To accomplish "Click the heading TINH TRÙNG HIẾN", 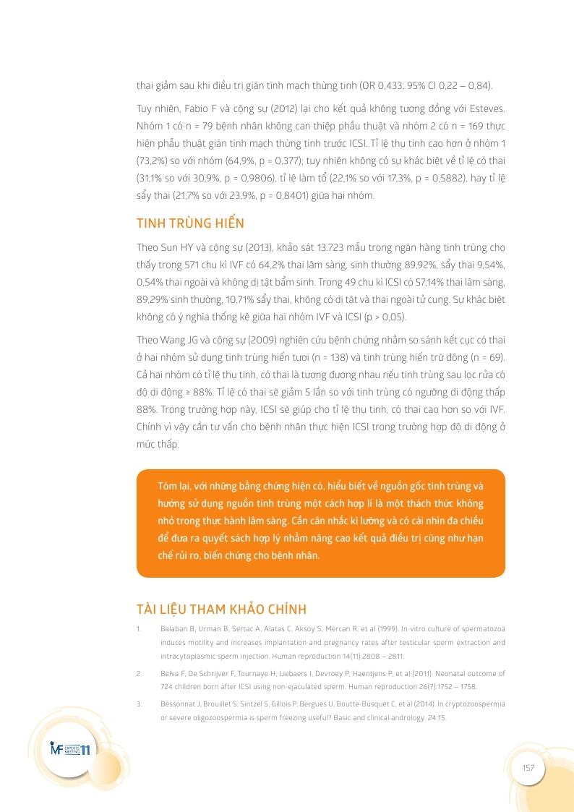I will pyautogui.click(x=191, y=223).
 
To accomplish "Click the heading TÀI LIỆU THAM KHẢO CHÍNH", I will pyautogui.click(x=222, y=609).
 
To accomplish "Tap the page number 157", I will pyautogui.click(x=528, y=768).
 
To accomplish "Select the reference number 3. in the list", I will pyautogui.click(x=138, y=703).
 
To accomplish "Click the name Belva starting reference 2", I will pyautogui.click(x=168, y=673).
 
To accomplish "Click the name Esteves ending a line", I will pyautogui.click(x=485, y=109).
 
